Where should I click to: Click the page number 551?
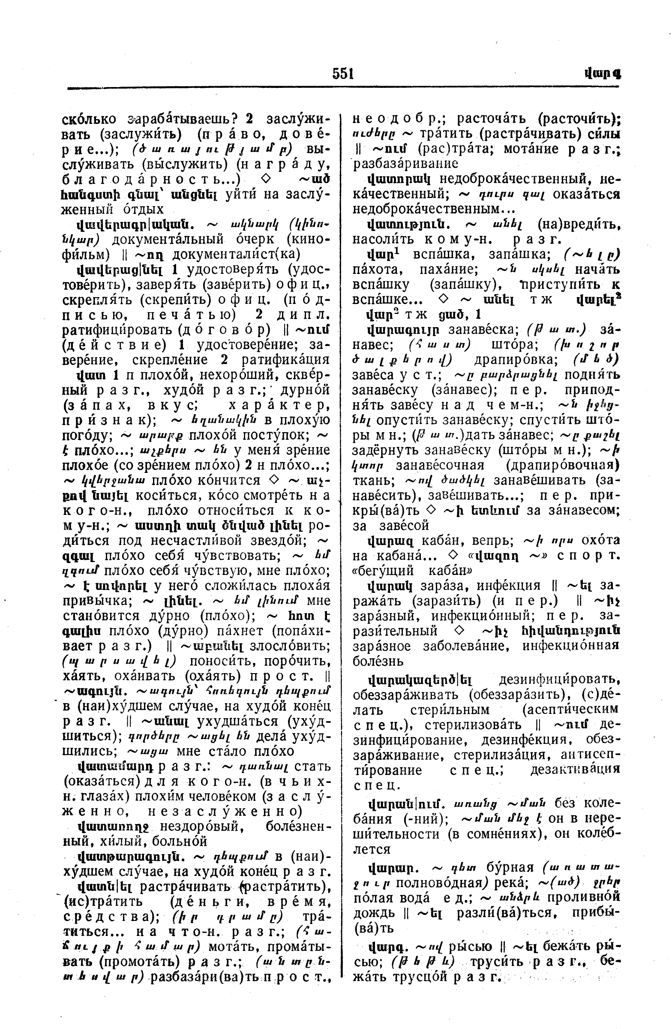click(x=343, y=74)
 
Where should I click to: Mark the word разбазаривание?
click(x=406, y=163)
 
